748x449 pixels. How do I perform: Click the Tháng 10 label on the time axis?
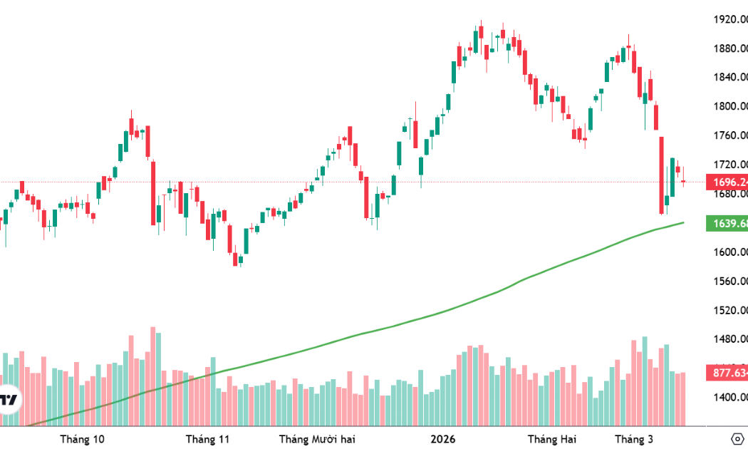click(x=83, y=438)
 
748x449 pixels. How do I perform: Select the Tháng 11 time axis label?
click(x=207, y=438)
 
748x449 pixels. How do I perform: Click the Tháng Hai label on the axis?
click(x=551, y=438)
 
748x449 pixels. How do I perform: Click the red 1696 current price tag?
click(x=726, y=182)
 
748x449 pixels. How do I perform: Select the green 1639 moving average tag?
click(x=726, y=224)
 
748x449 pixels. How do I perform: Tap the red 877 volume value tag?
click(x=726, y=373)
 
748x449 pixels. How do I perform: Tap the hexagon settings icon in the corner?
click(x=737, y=438)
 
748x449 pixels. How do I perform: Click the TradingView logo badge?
click(x=9, y=399)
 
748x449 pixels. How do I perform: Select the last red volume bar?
click(x=683, y=399)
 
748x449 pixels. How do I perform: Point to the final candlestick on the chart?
click(x=683, y=182)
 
